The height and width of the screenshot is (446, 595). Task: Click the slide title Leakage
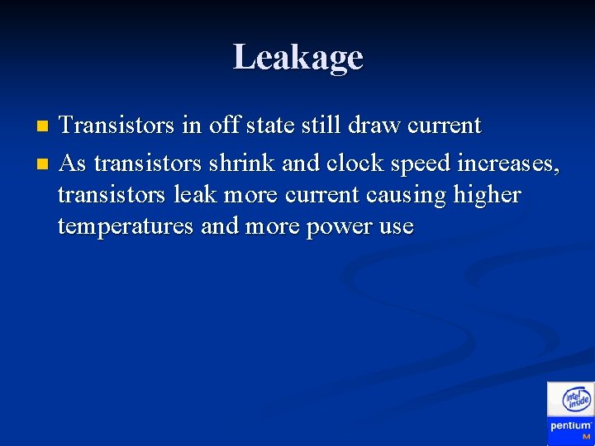tap(297, 58)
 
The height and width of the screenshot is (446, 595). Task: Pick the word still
tap(322, 126)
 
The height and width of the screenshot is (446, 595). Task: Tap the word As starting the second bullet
tap(73, 164)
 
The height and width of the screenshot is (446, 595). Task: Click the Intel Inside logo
tap(576, 401)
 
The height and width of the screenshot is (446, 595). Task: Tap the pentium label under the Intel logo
tap(570, 426)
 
